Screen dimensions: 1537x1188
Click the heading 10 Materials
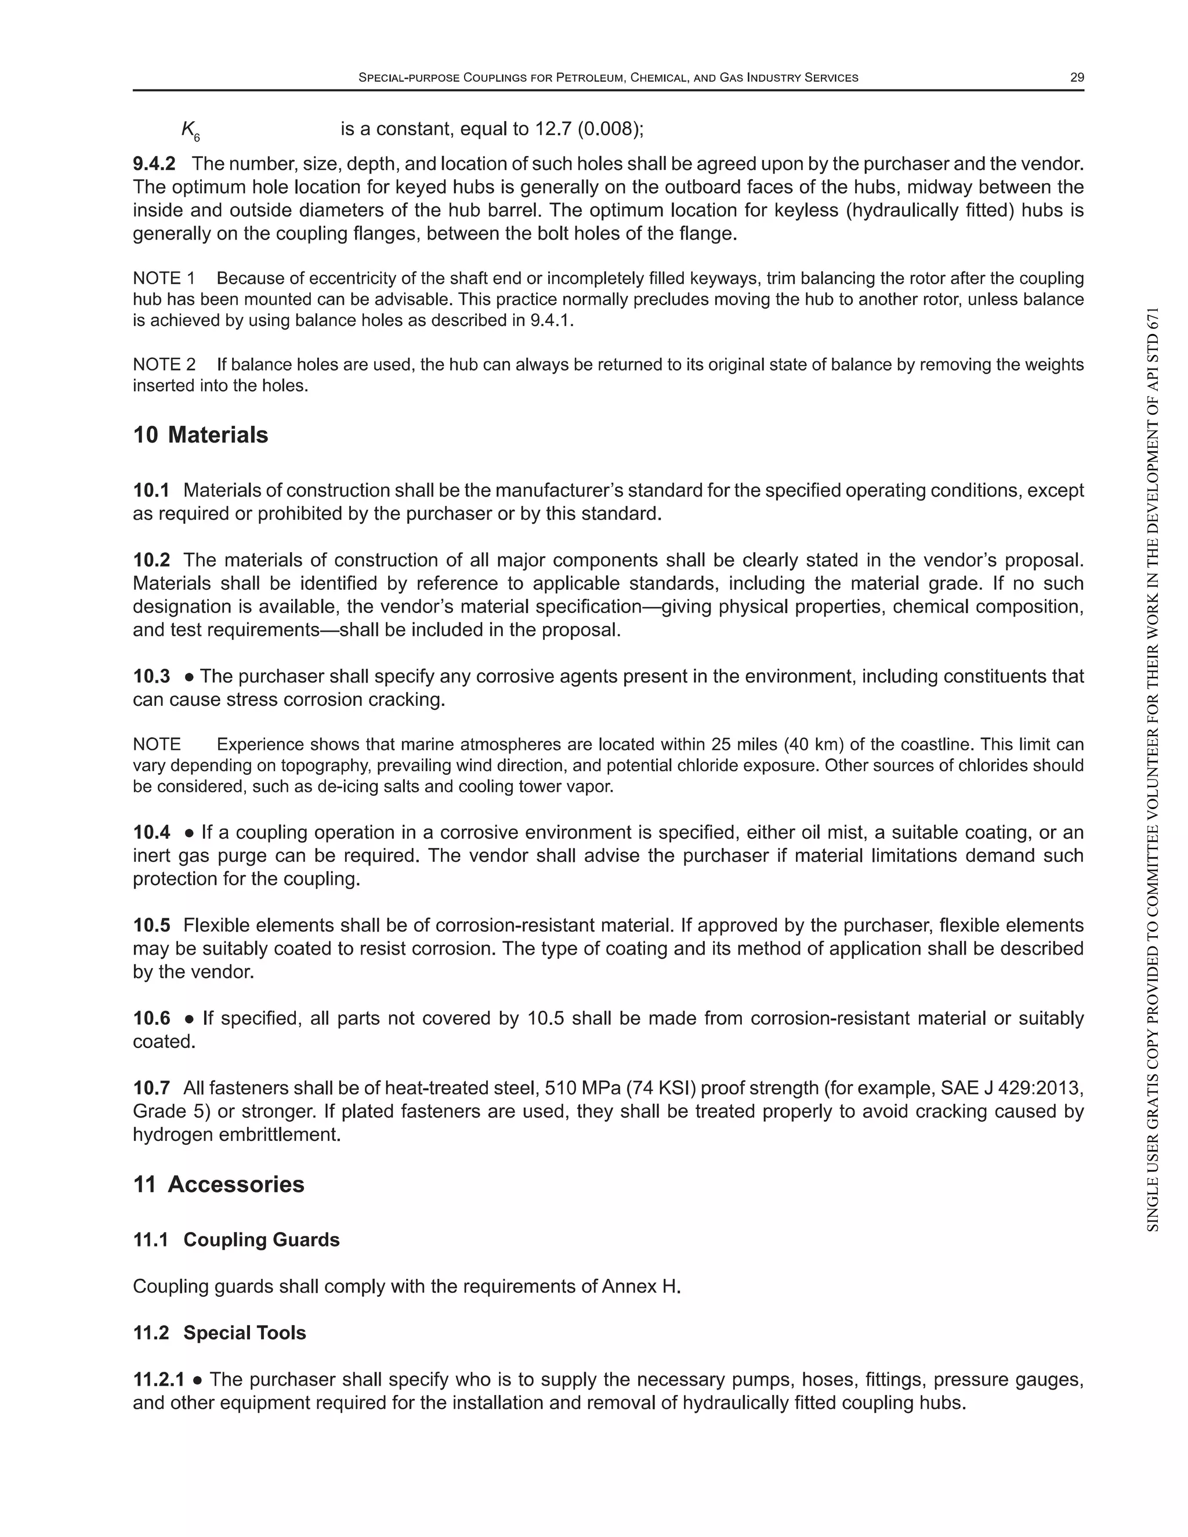pyautogui.click(x=201, y=435)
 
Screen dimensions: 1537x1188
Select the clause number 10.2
pyautogui.click(x=151, y=560)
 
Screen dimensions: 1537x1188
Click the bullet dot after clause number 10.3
pyautogui.click(x=189, y=677)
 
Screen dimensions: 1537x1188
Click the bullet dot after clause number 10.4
pyautogui.click(x=189, y=833)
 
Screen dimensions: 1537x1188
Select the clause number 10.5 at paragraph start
pyautogui.click(x=151, y=926)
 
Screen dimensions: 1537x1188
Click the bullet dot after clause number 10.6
pyautogui.click(x=189, y=1019)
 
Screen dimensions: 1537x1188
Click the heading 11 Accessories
pyautogui.click(x=219, y=1184)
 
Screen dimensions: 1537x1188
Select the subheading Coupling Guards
pyautogui.click(x=261, y=1240)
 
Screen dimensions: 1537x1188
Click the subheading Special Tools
pyautogui.click(x=244, y=1333)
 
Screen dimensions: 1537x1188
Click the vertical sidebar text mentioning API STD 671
pyautogui.click(x=1152, y=771)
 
